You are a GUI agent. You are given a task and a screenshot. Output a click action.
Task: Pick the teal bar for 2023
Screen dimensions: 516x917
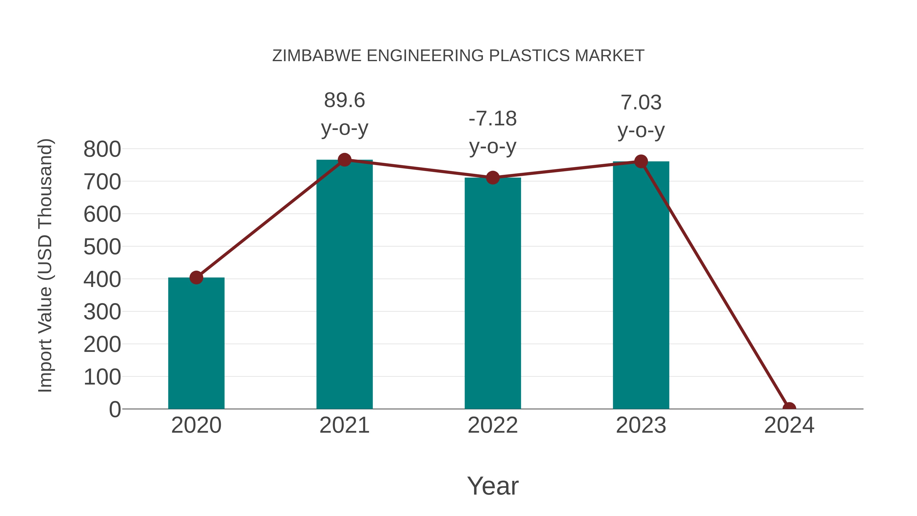[641, 285]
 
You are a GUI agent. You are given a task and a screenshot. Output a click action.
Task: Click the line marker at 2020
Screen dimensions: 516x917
[196, 277]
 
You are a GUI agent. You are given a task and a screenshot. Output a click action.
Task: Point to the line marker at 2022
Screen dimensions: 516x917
[493, 177]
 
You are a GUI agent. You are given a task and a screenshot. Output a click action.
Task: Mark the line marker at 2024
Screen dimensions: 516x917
[789, 408]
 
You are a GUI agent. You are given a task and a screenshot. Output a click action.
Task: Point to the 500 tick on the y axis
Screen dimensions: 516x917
[102, 247]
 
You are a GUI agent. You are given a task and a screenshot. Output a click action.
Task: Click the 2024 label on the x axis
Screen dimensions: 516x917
[789, 425]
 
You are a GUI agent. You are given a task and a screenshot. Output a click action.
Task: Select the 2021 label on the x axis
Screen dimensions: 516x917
[344, 425]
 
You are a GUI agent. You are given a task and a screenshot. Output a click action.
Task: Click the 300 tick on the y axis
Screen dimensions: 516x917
[102, 312]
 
